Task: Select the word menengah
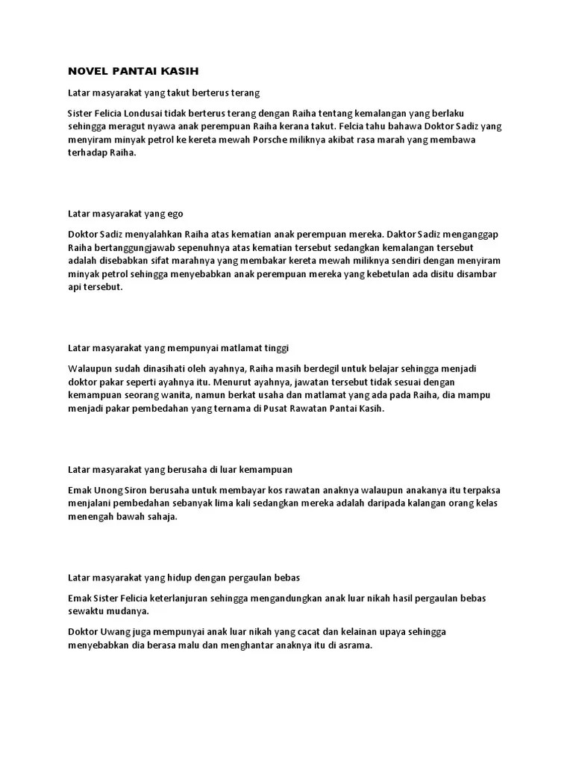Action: (x=90, y=516)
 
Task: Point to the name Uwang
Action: (x=117, y=631)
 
